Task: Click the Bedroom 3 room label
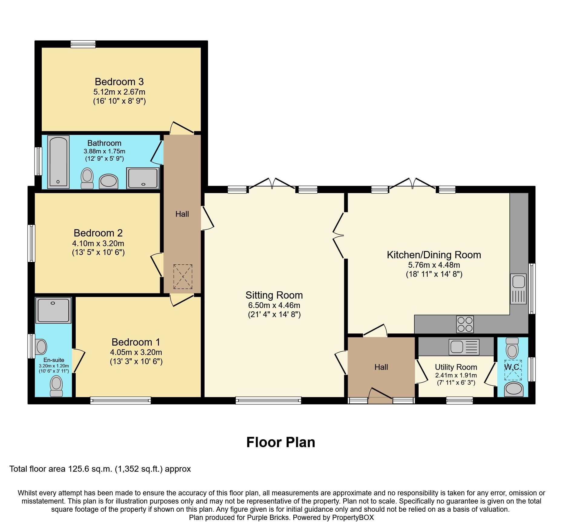[x=119, y=82]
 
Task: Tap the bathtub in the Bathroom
[x=58, y=162]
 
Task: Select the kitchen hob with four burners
[x=465, y=324]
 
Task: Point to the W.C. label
[x=512, y=367]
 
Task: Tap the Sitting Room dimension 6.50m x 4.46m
[x=274, y=305]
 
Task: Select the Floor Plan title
[x=281, y=442]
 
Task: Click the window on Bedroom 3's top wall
[x=83, y=45]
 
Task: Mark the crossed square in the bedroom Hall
[x=183, y=276]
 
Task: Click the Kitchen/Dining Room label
[x=434, y=255]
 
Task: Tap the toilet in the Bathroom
[x=87, y=178]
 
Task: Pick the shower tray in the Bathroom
[x=143, y=178]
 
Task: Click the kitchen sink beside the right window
[x=518, y=289]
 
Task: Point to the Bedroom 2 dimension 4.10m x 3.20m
[x=98, y=243]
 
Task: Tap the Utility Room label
[x=456, y=367]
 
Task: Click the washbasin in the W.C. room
[x=514, y=389]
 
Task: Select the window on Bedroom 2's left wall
[x=31, y=243]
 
